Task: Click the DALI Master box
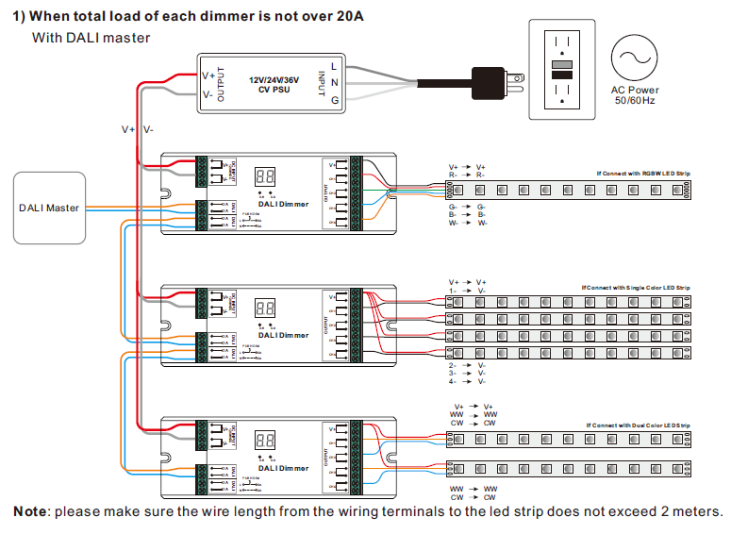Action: point(49,208)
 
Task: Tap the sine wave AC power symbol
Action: point(634,59)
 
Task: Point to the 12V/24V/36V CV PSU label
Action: point(274,85)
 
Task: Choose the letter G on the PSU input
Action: point(334,101)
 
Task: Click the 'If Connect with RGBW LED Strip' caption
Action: point(643,175)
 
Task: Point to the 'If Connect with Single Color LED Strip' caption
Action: point(636,287)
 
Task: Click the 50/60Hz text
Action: point(635,100)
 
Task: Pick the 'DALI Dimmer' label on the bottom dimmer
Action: point(283,466)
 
